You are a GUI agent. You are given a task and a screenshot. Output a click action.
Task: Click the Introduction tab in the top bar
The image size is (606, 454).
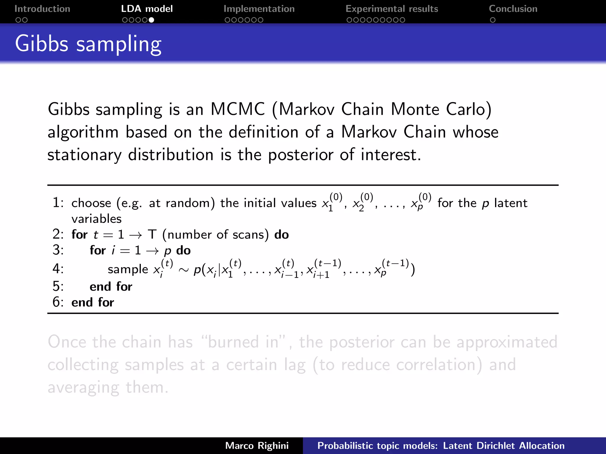coord(42,9)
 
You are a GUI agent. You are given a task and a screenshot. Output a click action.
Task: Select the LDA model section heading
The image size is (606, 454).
coord(147,9)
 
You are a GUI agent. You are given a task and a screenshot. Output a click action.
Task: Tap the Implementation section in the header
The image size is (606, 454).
coord(259,9)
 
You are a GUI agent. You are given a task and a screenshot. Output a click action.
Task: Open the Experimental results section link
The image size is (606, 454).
coord(391,9)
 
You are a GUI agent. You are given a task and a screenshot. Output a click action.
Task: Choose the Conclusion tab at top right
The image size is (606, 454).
coord(513,9)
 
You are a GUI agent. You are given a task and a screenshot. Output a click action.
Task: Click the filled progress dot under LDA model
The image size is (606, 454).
coord(151,20)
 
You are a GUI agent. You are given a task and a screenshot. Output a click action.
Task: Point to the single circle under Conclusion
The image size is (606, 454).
coord(492,20)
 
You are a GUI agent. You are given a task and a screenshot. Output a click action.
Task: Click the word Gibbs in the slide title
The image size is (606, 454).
coord(42,44)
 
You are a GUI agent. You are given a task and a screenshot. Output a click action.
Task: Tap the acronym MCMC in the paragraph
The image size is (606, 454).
coord(237,109)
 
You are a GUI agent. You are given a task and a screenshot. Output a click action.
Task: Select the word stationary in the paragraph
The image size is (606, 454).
coord(84,155)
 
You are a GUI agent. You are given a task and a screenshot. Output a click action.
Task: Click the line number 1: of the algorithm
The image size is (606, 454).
coord(58,203)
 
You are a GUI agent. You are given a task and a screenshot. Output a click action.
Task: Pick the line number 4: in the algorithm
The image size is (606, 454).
coord(58,269)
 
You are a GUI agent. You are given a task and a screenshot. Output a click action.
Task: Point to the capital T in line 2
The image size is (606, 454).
coord(152,235)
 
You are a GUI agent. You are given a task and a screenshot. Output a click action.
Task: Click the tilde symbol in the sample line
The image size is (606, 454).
coord(183,270)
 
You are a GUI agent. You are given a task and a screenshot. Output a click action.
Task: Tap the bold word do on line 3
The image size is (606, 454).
coord(183,251)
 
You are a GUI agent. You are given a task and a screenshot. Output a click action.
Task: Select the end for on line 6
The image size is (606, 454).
coord(93,302)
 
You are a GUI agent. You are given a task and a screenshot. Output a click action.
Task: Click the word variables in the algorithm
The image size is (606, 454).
coord(96,219)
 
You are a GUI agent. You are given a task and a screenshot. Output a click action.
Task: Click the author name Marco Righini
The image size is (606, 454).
coord(257,446)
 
